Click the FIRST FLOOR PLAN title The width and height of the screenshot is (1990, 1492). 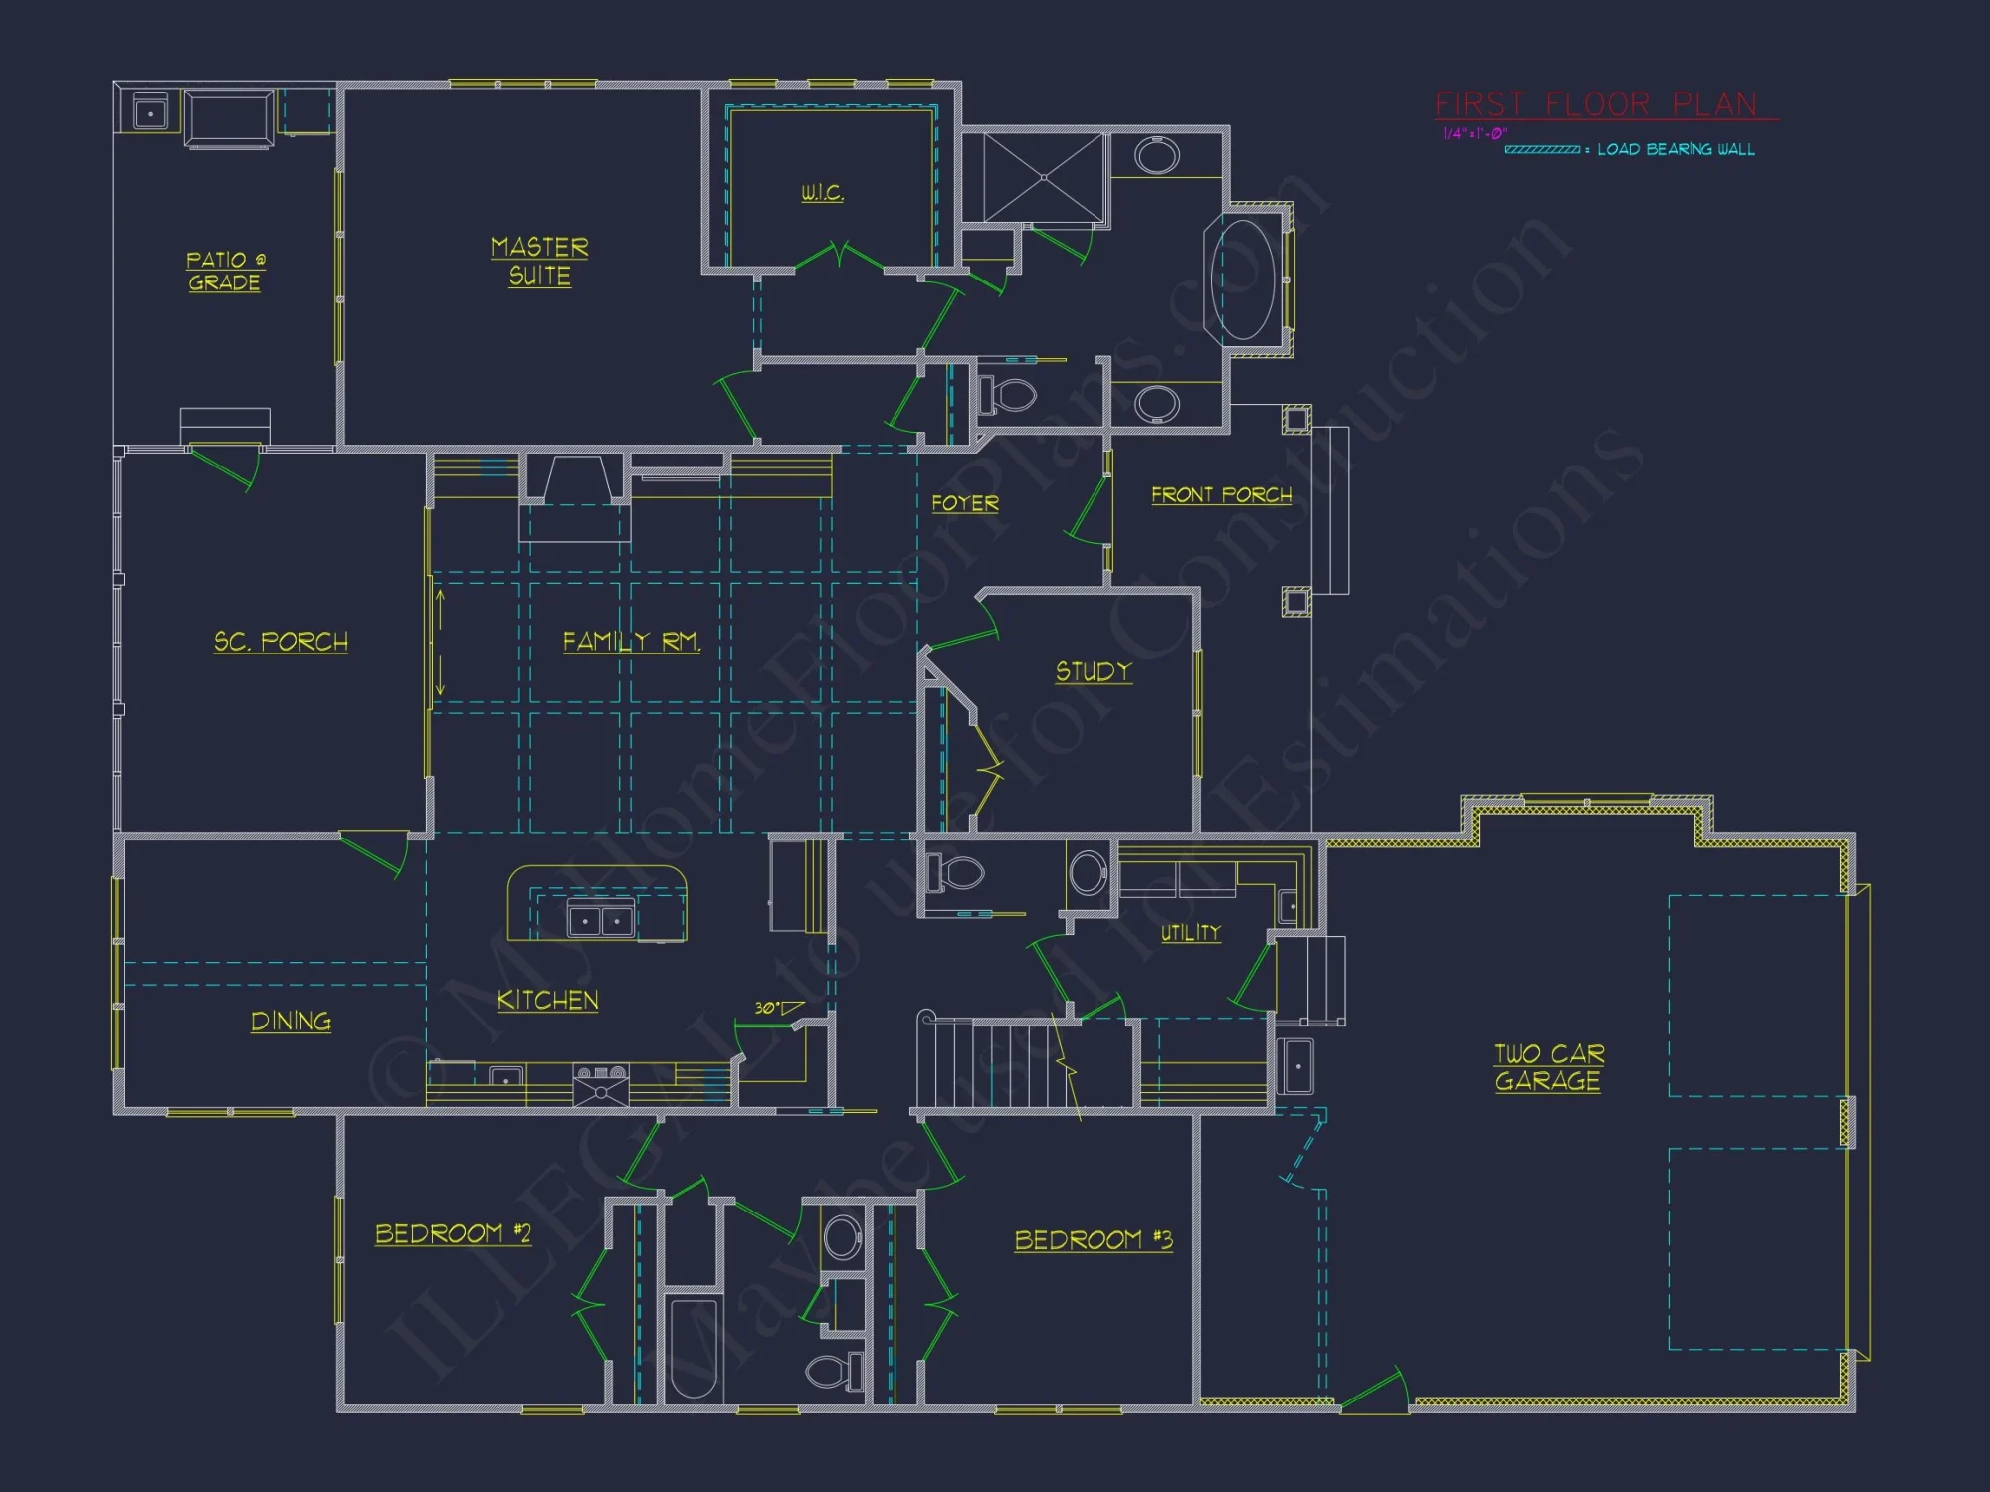1596,104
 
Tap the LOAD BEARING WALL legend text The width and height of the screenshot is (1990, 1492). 1676,150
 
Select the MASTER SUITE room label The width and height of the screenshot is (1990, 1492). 539,262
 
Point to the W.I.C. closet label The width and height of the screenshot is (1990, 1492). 822,193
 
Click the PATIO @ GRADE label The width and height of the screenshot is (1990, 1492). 225,272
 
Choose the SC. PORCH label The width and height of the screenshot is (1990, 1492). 281,642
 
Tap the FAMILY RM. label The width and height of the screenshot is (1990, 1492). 632,642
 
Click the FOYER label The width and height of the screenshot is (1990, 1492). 964,503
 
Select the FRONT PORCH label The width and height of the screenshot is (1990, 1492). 1221,495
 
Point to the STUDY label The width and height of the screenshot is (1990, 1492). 1094,672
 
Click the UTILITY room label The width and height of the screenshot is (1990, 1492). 1190,933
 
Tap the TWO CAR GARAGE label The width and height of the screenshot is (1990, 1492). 1548,1067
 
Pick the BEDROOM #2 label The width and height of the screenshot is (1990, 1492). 453,1234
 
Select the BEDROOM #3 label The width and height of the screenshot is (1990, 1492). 1094,1240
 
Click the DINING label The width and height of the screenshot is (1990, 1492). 291,1022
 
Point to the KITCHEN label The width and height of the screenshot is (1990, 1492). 547,1001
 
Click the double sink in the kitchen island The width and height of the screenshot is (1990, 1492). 600,919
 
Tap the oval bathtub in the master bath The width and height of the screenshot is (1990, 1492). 1242,280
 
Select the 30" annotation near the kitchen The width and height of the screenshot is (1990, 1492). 766,1008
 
